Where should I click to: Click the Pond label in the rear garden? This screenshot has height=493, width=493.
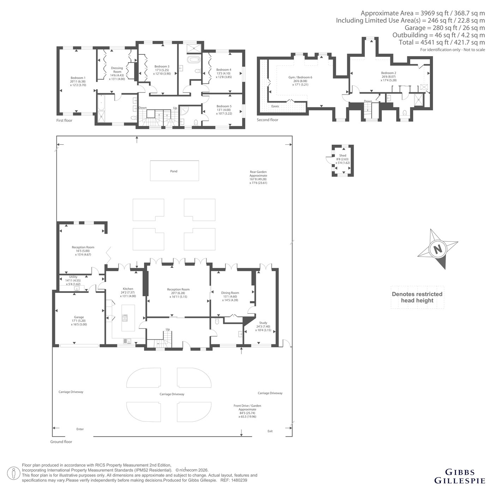(174, 171)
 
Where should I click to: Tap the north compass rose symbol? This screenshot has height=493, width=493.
(438, 249)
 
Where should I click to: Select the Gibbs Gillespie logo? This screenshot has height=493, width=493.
(460, 476)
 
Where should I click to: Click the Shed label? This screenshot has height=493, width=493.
(343, 156)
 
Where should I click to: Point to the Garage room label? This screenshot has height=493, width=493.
(79, 317)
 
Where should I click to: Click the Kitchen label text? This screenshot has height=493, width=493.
(128, 289)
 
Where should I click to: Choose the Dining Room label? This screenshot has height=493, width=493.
(230, 293)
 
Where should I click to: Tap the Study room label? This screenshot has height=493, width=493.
(263, 323)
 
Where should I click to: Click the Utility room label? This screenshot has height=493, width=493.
(73, 277)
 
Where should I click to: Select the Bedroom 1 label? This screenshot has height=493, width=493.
(78, 78)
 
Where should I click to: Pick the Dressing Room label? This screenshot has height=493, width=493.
(117, 70)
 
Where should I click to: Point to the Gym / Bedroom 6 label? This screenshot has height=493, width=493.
(300, 77)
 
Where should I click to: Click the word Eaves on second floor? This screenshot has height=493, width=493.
(275, 106)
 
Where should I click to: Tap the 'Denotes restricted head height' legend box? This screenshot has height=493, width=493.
(417, 297)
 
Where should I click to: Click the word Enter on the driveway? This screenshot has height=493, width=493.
(80, 429)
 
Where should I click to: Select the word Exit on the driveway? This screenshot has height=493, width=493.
(270, 431)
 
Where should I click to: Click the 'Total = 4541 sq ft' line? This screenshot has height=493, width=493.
(442, 42)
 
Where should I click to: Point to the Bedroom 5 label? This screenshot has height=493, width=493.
(224, 106)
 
